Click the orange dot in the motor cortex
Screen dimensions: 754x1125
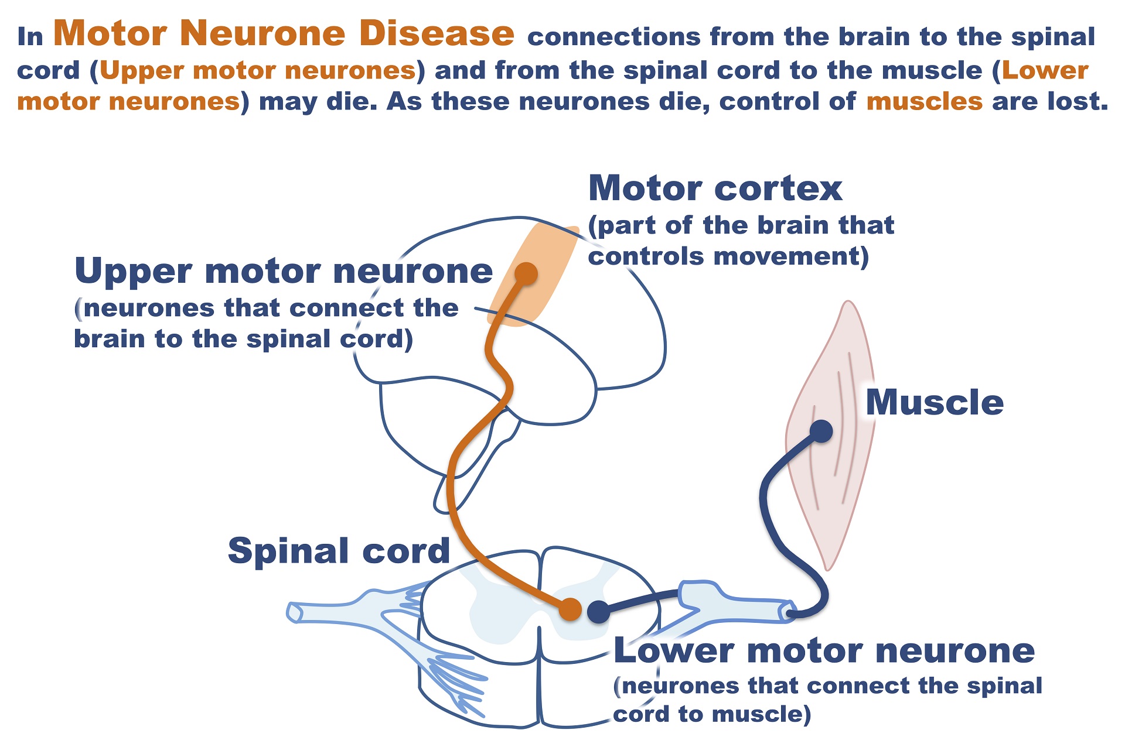526,273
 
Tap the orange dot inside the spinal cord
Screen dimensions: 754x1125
570,609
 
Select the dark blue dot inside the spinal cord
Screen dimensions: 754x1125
598,612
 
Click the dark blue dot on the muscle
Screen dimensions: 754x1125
821,431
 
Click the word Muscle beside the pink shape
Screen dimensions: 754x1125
934,403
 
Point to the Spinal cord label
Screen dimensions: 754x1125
339,551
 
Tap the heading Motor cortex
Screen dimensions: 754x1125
715,188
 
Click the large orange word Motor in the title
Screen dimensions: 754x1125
110,33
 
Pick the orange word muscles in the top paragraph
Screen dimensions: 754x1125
924,101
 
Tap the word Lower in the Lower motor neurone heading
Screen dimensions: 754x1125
674,651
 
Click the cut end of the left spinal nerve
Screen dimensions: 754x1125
293,612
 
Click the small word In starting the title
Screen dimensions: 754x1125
30,37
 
